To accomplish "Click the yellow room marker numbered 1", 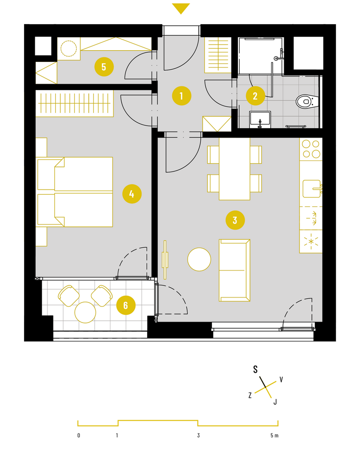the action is coord(181,96).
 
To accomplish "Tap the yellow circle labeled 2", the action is coord(255,96).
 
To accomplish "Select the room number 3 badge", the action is coord(235,220).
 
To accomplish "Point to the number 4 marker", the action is coord(132,194).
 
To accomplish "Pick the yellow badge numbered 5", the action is coord(104,66).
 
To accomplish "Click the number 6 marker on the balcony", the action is coord(125,305).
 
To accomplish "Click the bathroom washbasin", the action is coord(260,119).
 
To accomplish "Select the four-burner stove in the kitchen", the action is coord(311,149).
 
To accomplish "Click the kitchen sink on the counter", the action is coord(312,189).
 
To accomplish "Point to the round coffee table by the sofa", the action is coord(199,259).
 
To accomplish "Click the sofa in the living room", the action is coord(235,270).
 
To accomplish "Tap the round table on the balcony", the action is coord(85,312).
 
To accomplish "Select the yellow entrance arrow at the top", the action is coord(181,8).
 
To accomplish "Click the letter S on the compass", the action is coord(255,369).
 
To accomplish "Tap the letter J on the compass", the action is coord(275,402).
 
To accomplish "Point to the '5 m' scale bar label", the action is coord(275,435).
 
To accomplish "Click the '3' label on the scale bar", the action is coord(198,435).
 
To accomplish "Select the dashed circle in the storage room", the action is coord(69,48).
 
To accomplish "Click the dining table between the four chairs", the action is coord(235,169).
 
